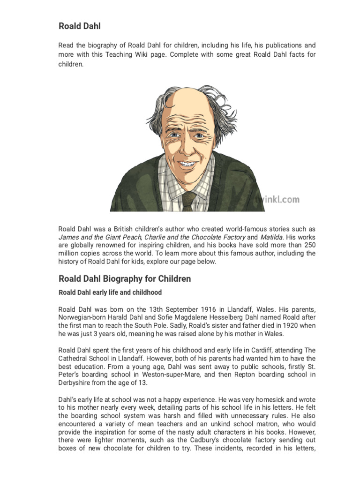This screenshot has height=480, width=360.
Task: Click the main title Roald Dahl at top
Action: (x=79, y=26)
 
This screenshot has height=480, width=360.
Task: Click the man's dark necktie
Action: (x=188, y=201)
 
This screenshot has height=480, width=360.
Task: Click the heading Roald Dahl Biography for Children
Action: (x=125, y=279)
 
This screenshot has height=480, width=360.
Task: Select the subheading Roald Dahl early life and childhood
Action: (x=110, y=292)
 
